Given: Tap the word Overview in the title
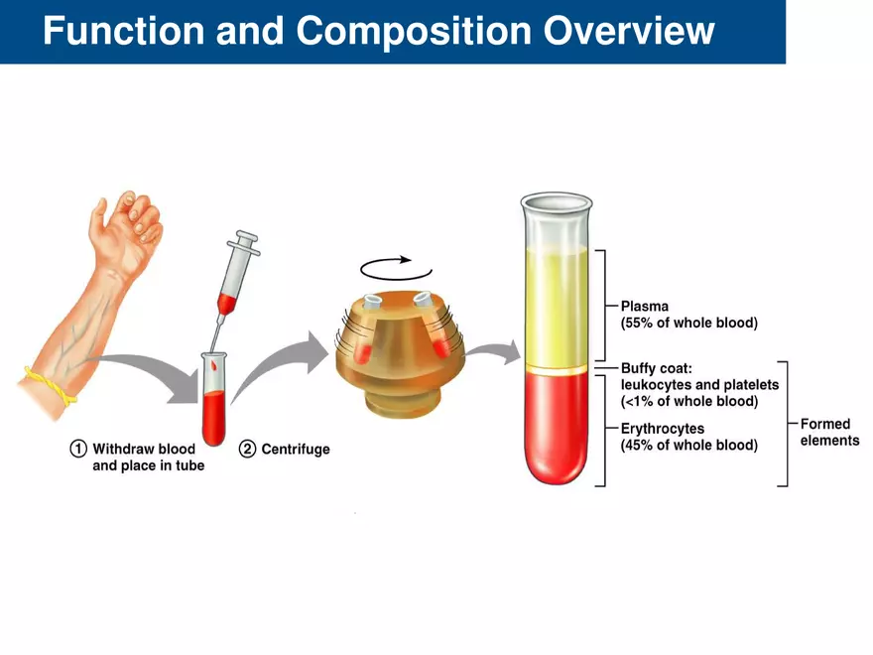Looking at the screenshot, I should coord(629,32).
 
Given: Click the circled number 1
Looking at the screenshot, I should coord(78,449).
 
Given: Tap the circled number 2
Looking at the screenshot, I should coord(248,449).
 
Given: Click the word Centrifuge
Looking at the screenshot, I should coord(296,450).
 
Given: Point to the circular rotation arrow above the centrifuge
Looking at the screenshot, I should coord(396,267).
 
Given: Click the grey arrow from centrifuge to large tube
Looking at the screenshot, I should coord(495,351).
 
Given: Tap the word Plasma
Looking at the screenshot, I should coord(645,307).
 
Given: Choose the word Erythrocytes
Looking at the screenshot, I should coord(663,429).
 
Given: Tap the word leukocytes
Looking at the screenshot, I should coord(657,385).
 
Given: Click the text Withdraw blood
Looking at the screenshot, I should coord(144,449).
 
